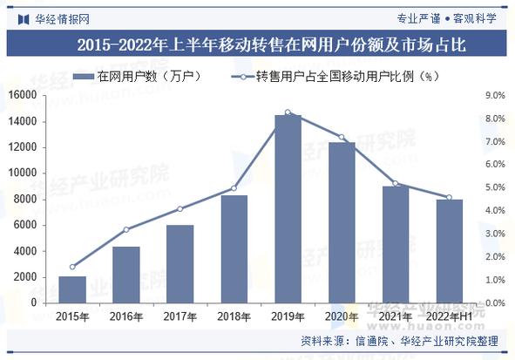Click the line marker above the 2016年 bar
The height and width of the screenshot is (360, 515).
coord(126,229)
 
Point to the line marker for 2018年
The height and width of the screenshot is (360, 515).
coord(234,188)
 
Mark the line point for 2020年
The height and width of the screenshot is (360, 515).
coord(342,138)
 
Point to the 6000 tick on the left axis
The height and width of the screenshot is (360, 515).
coord(28,225)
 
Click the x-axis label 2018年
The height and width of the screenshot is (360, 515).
coord(234,316)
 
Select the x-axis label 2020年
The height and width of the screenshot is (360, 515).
coord(342,316)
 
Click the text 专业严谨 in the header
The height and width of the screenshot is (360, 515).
coord(419,17)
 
